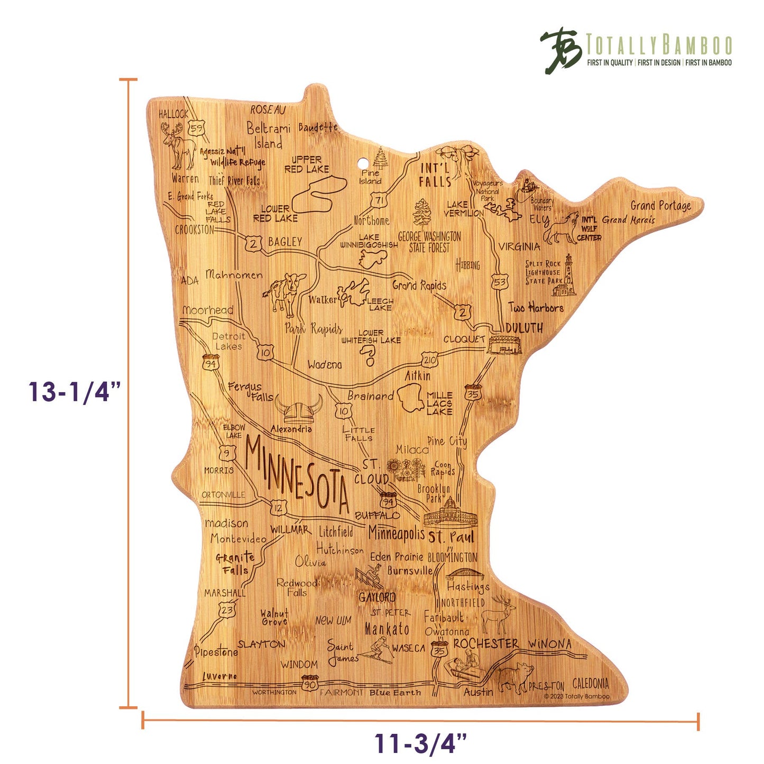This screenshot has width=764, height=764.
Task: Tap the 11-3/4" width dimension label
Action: (x=421, y=743)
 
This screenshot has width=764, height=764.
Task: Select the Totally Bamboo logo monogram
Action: (x=560, y=50)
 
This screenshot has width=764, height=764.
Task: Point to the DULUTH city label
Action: (x=524, y=328)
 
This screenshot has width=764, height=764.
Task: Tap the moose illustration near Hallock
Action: (x=180, y=145)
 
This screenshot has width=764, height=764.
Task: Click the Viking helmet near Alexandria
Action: (x=299, y=410)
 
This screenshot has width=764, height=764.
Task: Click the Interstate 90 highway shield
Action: (x=310, y=683)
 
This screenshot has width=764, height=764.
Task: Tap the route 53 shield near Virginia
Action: (x=500, y=281)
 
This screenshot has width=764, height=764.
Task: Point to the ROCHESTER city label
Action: (x=486, y=643)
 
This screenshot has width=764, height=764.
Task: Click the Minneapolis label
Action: (x=396, y=533)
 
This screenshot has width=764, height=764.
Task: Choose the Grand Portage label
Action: (x=660, y=205)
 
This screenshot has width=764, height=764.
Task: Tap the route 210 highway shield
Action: (x=429, y=360)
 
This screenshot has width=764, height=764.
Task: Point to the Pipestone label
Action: (x=216, y=651)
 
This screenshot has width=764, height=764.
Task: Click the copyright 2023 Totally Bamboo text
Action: (x=577, y=696)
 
